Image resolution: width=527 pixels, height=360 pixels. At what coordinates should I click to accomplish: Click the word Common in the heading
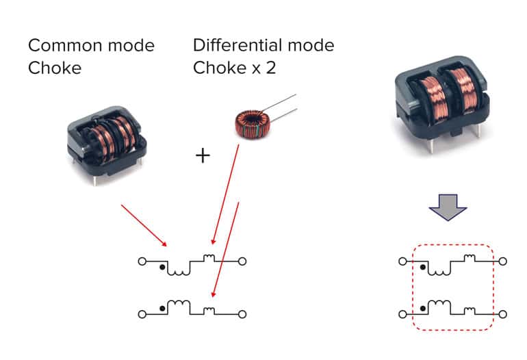66,45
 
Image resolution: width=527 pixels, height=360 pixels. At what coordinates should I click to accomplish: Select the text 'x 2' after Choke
263,68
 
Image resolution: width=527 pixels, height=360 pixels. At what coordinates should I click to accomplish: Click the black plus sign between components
203,155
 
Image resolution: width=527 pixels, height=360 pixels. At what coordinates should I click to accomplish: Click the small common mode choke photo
107,144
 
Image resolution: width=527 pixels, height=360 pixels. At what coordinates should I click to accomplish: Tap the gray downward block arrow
448,207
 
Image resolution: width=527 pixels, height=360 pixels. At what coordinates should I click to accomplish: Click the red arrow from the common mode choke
144,225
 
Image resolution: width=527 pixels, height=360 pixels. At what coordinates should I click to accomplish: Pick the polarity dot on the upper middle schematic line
162,267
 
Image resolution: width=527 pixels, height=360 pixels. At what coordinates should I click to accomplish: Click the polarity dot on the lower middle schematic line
162,308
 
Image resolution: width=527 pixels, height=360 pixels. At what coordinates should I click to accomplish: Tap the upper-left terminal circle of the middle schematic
142,261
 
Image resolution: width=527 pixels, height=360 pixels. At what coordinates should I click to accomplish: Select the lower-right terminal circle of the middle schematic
242,314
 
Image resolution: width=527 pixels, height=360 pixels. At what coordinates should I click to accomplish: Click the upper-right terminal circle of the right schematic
502,261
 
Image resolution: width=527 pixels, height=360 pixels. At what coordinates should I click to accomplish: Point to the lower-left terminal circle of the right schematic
402,314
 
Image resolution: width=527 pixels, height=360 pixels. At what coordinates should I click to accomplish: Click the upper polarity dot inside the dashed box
423,267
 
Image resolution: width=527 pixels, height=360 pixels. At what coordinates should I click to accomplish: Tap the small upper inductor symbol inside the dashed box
470,258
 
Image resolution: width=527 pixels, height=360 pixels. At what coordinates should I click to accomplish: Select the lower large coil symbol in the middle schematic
179,305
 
